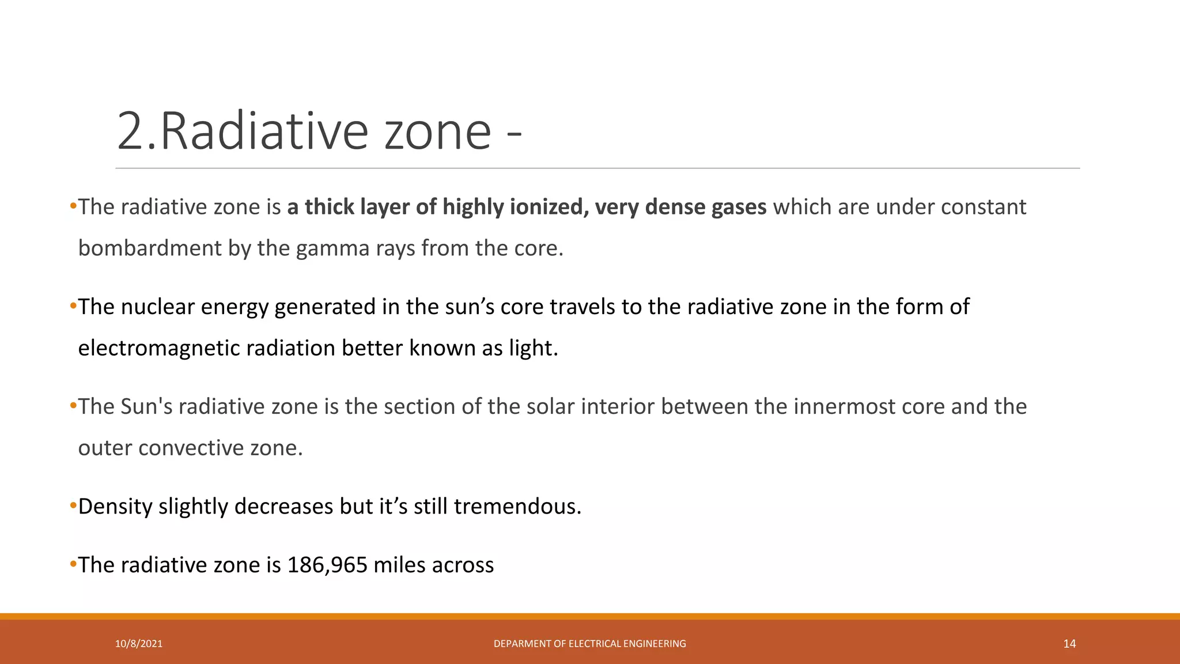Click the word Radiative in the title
coord(264,131)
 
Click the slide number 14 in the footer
coord(1069,644)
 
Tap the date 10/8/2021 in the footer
coord(138,644)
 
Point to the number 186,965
coord(327,565)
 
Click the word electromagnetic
coord(158,348)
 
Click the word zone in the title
coord(438,131)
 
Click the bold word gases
coord(739,207)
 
